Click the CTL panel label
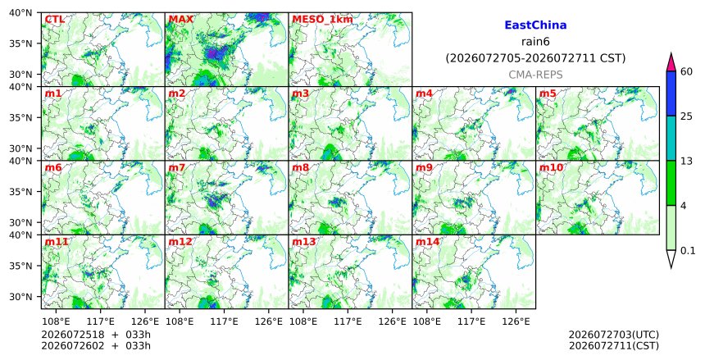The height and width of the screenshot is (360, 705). (x=54, y=20)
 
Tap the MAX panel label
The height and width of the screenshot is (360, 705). (x=180, y=20)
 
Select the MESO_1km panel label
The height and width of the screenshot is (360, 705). (x=322, y=20)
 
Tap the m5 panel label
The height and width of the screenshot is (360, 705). (x=548, y=93)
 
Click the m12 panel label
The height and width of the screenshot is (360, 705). (x=180, y=242)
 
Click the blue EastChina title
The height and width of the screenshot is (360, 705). (x=535, y=25)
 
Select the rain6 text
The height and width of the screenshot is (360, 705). (x=535, y=42)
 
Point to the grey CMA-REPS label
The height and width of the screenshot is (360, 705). (x=535, y=75)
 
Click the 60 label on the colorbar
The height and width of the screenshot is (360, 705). (x=687, y=71)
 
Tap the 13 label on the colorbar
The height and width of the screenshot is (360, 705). (x=687, y=161)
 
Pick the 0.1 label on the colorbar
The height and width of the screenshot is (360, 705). (x=688, y=251)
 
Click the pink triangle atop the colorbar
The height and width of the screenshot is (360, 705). (x=671, y=62)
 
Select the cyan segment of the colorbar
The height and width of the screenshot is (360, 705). (x=671, y=139)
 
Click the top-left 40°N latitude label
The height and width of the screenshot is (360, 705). (x=20, y=12)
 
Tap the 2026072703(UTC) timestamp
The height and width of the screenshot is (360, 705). (x=614, y=335)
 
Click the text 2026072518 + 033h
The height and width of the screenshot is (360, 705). (x=96, y=335)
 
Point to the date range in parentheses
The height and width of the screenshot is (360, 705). (x=535, y=58)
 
